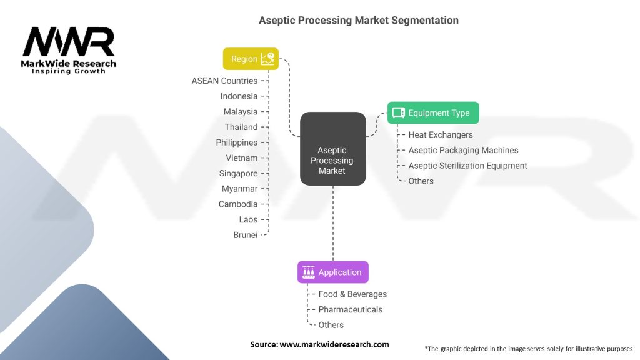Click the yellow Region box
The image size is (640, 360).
pos(251,59)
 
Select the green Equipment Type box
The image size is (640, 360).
pos(433,112)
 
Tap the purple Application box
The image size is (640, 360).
pos(332,272)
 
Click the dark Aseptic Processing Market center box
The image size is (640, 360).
pos(332,149)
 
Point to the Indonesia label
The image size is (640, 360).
pos(239,96)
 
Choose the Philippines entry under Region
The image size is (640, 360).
pos(237,142)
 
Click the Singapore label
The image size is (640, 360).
pos(238,174)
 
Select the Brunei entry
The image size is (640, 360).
pos(245,235)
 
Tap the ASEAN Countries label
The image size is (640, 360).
pos(224,81)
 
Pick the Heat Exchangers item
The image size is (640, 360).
pos(441,135)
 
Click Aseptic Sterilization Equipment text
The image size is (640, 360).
pos(467,166)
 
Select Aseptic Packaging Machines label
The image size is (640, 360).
pos(463,150)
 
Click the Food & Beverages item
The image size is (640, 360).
pos(352,294)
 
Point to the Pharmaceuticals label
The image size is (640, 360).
pos(350,310)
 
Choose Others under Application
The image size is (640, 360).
pos(331,325)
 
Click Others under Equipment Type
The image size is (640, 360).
pos(421,181)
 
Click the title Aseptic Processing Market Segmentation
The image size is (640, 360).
pos(358,21)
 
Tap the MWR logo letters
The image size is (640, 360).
pos(69,42)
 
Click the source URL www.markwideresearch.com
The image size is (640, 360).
pos(334,344)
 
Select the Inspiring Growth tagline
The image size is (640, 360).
pos(69,71)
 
